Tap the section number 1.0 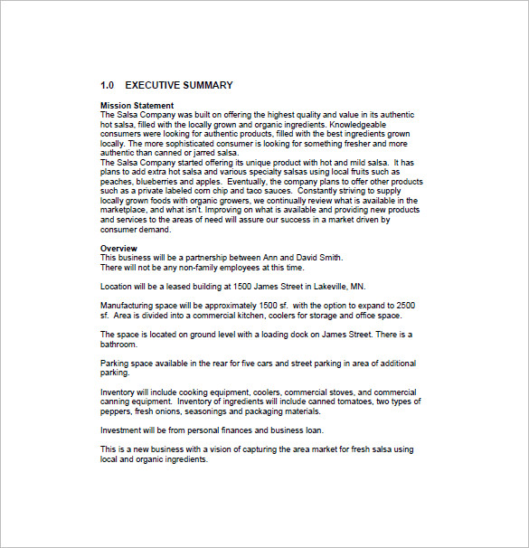108,86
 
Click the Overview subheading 118,248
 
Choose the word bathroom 119,344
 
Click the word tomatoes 355,401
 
